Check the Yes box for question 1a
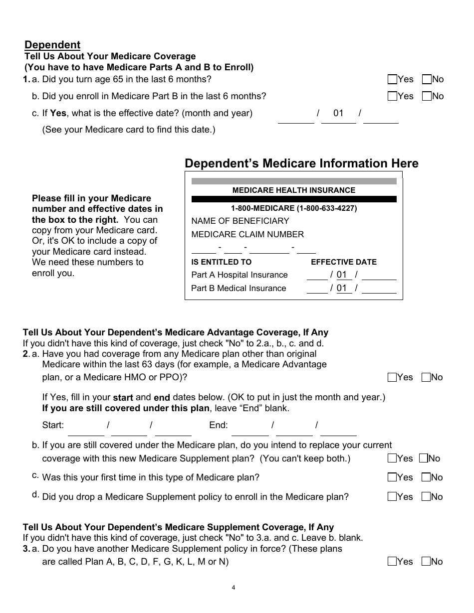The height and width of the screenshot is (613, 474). coord(392,79)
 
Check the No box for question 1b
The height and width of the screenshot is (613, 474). coord(427,96)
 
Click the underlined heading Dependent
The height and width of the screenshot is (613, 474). coord(52,45)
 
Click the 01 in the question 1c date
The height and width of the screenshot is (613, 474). coord(338,113)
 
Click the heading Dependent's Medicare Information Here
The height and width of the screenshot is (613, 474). coord(301,163)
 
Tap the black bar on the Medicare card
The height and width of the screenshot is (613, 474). coord(294,199)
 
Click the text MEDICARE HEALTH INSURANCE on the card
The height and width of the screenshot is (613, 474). coord(294,190)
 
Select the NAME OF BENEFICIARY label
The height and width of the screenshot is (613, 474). coord(240,221)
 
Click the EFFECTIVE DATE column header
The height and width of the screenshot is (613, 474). coord(344,262)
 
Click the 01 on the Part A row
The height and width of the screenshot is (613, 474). coord(341,275)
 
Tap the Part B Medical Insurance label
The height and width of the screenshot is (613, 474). coord(238,288)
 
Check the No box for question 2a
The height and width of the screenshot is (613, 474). coord(426,377)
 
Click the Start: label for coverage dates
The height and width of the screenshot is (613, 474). coord(53,425)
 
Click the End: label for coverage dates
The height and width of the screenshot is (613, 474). coord(219,425)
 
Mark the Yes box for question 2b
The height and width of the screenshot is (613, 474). coord(392,459)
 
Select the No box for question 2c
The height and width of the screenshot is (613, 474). coord(426,477)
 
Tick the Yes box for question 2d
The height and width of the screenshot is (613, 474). coord(392,496)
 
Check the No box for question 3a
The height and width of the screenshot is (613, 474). coord(426,562)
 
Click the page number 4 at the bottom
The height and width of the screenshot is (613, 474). coord(233,587)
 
